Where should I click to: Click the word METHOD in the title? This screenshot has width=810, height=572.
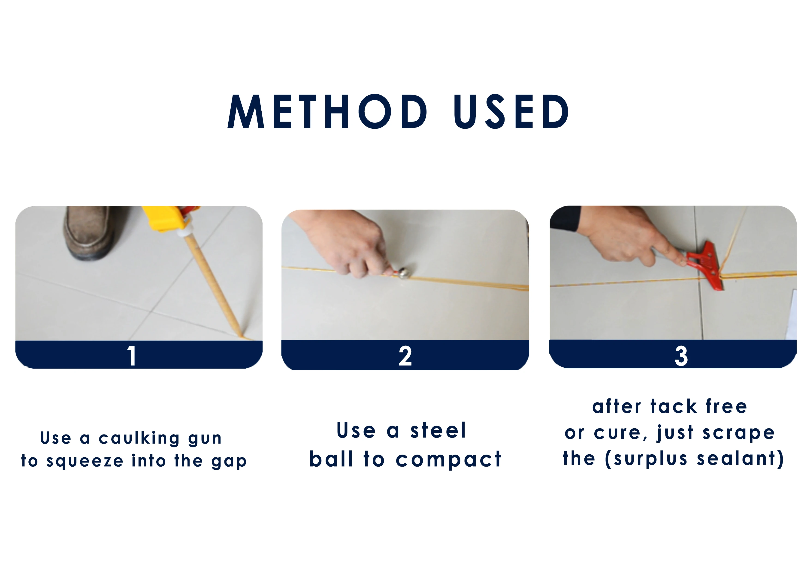[x=327, y=111]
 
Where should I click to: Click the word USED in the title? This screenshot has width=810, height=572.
[x=511, y=111]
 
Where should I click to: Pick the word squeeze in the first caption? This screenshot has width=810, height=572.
[x=85, y=461]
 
